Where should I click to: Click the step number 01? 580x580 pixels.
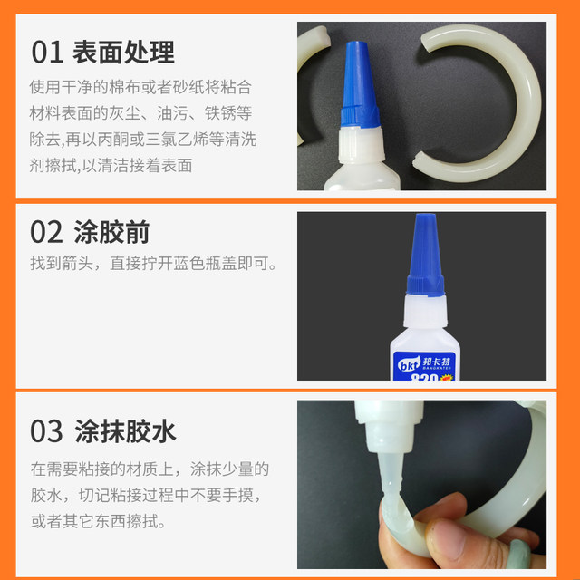click(x=46, y=52)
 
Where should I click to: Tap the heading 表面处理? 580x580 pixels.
click(x=124, y=52)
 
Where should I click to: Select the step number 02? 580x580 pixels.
click(x=46, y=232)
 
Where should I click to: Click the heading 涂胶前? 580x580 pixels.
click(x=111, y=232)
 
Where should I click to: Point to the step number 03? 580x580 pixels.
click(x=46, y=430)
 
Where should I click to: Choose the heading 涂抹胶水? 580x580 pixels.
click(x=124, y=430)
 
